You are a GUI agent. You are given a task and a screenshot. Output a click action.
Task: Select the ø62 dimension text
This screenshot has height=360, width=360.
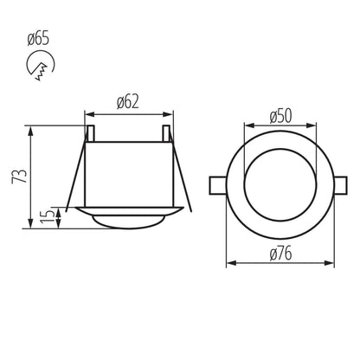(x=127, y=102)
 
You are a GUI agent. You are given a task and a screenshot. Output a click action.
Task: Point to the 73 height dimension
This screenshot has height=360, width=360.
(x=22, y=177)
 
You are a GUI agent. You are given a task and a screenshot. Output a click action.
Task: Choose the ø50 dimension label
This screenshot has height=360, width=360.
(x=279, y=116)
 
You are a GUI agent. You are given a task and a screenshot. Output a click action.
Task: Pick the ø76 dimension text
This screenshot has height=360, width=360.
(x=279, y=254)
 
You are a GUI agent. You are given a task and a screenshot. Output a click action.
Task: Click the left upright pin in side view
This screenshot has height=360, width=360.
(x=88, y=132)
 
